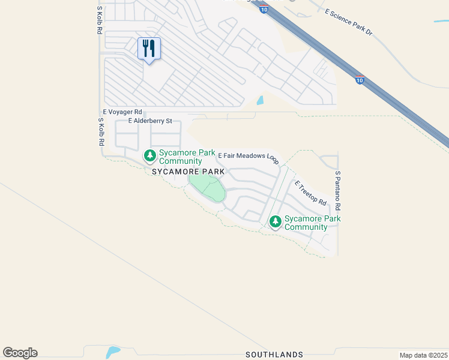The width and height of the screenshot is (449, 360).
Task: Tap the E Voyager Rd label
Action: coord(122,112)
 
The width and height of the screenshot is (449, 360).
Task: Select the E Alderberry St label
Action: coord(150,121)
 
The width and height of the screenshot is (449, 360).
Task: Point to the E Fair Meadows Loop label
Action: coord(248,157)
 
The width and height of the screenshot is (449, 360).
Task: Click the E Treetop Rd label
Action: coord(310,192)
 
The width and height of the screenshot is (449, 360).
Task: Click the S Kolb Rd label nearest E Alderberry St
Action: coord(101,133)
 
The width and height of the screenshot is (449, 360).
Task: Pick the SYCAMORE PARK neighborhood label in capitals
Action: coord(188,172)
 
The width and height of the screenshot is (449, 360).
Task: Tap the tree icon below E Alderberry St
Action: coord(149,157)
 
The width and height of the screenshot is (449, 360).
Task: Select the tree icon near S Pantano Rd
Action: coord(276,222)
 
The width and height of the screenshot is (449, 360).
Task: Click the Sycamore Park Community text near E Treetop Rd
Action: coord(312,223)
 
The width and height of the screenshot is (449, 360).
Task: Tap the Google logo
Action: coord(20,353)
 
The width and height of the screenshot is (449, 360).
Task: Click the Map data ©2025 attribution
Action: coord(423,355)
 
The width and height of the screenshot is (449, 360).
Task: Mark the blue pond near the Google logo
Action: coord(112,352)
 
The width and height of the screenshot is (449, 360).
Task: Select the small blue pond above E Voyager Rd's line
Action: coord(260,101)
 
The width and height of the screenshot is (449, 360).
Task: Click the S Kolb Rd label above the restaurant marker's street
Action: coord(100,21)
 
